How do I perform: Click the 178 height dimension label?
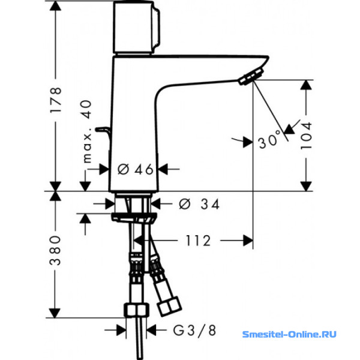[56, 100]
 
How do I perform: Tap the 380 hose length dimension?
[55, 250]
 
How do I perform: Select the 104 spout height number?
[307, 136]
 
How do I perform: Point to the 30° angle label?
[270, 140]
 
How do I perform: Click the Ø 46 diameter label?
[135, 169]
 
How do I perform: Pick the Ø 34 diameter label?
[199, 204]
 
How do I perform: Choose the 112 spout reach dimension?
[198, 241]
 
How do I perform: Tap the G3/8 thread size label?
[194, 331]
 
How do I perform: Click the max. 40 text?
[87, 131]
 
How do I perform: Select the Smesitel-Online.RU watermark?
[289, 334]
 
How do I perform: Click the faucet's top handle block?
[136, 28]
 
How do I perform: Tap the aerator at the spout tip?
[251, 77]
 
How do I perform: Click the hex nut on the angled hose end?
[169, 307]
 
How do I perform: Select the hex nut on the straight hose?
[136, 310]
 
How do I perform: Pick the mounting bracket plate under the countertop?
[134, 217]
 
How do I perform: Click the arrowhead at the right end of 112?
[248, 241]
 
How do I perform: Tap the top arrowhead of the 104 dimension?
[306, 85]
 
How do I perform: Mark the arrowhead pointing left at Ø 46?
[163, 169]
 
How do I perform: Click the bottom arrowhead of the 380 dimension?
[55, 313]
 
